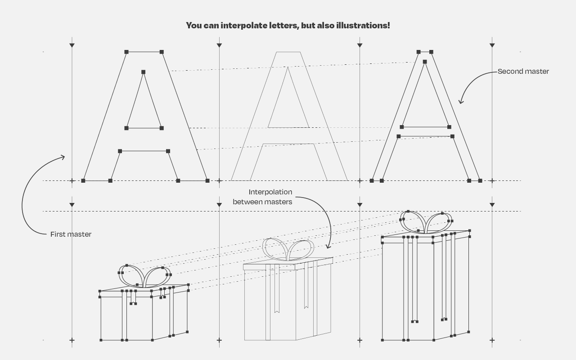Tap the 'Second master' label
click(523, 72)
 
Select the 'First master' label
click(71, 234)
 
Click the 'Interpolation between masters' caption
click(262, 197)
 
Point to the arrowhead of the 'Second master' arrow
click(460, 102)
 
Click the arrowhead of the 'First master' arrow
click(63, 157)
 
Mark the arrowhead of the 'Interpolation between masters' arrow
click(329, 247)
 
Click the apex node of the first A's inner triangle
click(144, 72)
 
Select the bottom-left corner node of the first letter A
click(83, 181)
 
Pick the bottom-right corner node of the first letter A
click(207, 181)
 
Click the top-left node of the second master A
click(418, 52)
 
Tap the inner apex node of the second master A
click(425, 62)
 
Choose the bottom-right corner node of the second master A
click(480, 181)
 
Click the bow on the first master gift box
click(143, 276)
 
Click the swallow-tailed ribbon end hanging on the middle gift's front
click(277, 310)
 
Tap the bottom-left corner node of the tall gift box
click(383, 340)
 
